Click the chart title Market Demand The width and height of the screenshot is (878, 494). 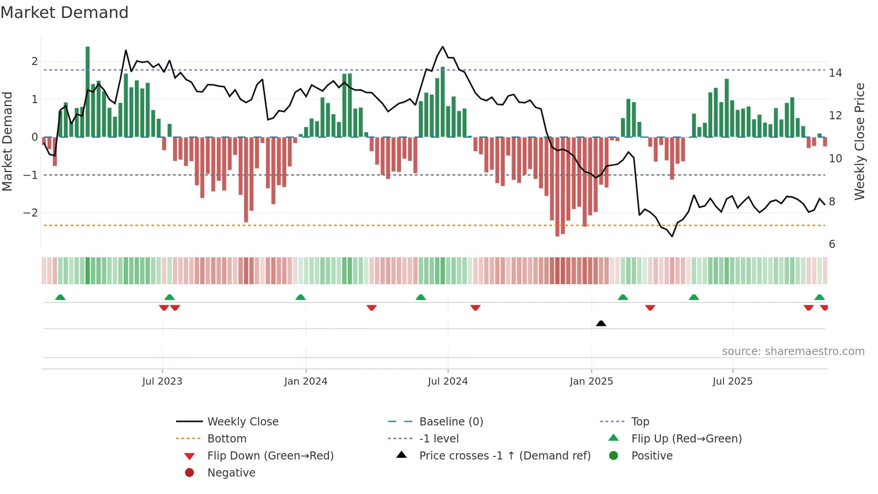coord(65,13)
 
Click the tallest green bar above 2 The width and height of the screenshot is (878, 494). coord(88,90)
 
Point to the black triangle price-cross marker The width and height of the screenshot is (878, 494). coord(601,323)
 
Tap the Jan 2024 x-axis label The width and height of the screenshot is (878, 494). coord(306,381)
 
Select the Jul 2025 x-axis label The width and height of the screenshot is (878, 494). coord(732,381)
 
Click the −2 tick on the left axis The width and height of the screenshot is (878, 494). coord(30,212)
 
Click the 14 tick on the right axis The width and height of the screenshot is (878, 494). coord(835,73)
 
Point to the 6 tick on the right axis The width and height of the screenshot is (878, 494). coord(832,244)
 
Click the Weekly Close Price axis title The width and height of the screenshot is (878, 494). coord(860,141)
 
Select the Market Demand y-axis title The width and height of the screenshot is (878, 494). coord(8,141)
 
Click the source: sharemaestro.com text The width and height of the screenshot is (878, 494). coord(793,351)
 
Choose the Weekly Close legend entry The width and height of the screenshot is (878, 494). coord(243,422)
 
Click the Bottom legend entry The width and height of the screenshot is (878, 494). coord(227,439)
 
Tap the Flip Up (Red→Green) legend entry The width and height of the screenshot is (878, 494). coord(686,439)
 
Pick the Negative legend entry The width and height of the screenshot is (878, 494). coord(231,473)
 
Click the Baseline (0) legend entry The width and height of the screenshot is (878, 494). coord(451,422)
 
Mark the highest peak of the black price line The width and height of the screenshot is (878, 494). coord(443,47)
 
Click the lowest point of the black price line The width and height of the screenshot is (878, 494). coord(672,236)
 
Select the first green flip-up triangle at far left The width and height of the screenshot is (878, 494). coord(60,297)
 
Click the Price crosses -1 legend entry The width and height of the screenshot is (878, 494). coord(505,456)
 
